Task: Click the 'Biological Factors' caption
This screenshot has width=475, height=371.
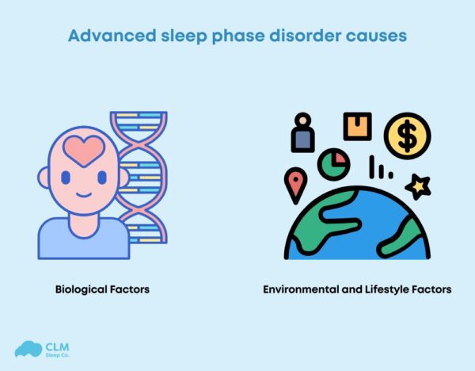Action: pyautogui.click(x=103, y=289)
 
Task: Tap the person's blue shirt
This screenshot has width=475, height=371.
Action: pyautogui.click(x=83, y=238)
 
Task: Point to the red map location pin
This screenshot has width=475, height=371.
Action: pyautogui.click(x=296, y=185)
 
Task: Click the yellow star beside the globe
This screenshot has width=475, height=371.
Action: pyautogui.click(x=417, y=187)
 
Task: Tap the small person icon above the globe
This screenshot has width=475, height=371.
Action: pyautogui.click(x=302, y=133)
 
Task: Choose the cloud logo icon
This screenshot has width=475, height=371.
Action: pyautogui.click(x=28, y=349)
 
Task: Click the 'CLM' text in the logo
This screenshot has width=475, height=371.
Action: pyautogui.click(x=58, y=345)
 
